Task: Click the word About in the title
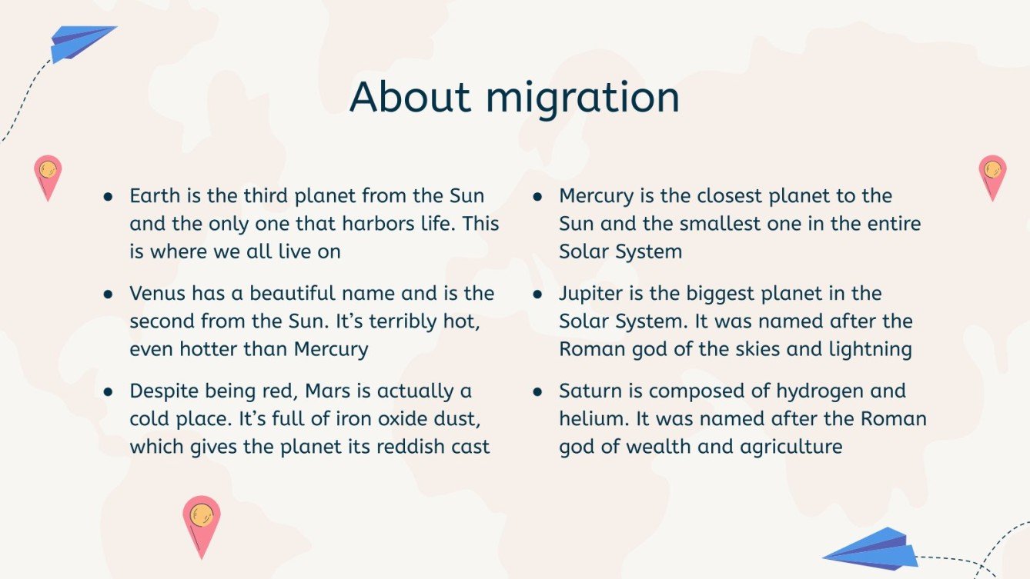point(409,97)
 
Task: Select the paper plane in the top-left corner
point(80,43)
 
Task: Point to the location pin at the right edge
point(992,175)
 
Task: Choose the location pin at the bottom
point(201,523)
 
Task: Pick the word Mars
point(328,391)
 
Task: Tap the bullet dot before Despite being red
point(109,391)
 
